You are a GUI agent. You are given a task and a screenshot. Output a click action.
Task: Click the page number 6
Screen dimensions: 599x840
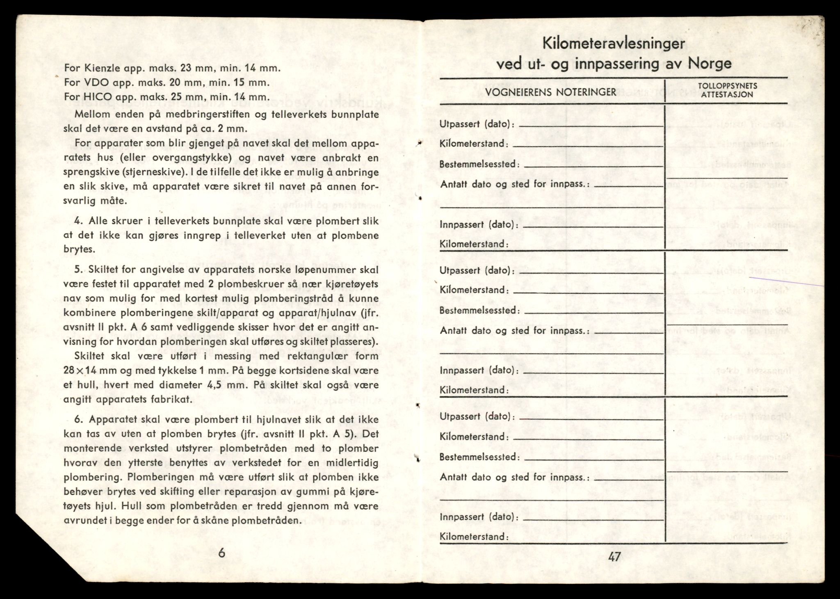click(x=221, y=553)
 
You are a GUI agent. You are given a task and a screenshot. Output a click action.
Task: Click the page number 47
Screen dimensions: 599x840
click(x=614, y=557)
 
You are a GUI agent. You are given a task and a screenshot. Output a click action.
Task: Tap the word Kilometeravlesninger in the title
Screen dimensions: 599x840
click(x=614, y=43)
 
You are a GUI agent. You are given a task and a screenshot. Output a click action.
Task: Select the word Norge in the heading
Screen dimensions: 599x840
click(x=710, y=64)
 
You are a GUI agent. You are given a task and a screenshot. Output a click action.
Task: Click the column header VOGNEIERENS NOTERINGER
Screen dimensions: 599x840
click(x=551, y=92)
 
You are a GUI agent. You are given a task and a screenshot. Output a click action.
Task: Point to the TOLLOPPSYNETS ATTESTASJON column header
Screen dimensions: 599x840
click(x=727, y=90)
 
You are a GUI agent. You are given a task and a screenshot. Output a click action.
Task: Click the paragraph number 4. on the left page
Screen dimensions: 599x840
click(x=79, y=221)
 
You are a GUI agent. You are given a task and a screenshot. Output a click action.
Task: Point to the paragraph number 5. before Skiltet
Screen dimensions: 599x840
click(x=79, y=270)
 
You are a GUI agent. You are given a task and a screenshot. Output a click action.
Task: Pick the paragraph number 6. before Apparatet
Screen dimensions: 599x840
click(x=79, y=420)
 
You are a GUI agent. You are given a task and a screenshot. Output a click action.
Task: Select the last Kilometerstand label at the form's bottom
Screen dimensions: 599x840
click(x=474, y=537)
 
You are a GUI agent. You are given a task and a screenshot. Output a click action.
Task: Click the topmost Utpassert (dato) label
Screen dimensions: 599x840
click(x=477, y=124)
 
